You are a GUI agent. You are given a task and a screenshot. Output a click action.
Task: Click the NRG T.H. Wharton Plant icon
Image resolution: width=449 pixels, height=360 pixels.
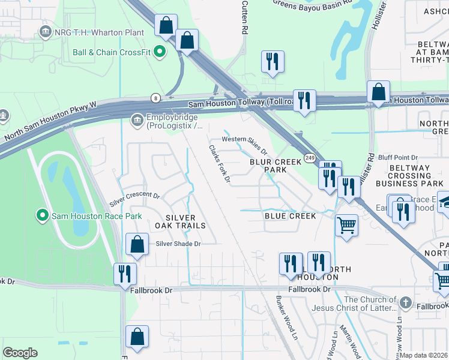[x=44, y=31]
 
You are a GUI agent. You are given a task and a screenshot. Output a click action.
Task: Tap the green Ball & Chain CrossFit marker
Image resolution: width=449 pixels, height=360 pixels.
[x=160, y=52]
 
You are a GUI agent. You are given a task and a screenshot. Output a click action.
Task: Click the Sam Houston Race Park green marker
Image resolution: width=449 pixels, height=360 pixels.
[x=42, y=214]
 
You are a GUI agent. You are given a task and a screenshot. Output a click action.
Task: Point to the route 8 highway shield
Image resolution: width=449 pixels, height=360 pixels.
[x=155, y=97]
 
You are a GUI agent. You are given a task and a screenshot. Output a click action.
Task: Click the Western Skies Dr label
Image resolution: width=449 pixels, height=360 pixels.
[x=244, y=139]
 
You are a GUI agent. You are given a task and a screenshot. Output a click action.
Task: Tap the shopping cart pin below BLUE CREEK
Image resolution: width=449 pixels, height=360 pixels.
[x=346, y=226]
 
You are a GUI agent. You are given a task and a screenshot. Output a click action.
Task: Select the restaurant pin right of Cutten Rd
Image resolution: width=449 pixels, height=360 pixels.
[x=273, y=61]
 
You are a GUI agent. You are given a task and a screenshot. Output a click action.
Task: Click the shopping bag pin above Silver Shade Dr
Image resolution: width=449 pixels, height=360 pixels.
[x=137, y=244]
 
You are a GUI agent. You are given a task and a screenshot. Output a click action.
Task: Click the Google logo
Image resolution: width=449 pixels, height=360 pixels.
[x=20, y=353]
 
